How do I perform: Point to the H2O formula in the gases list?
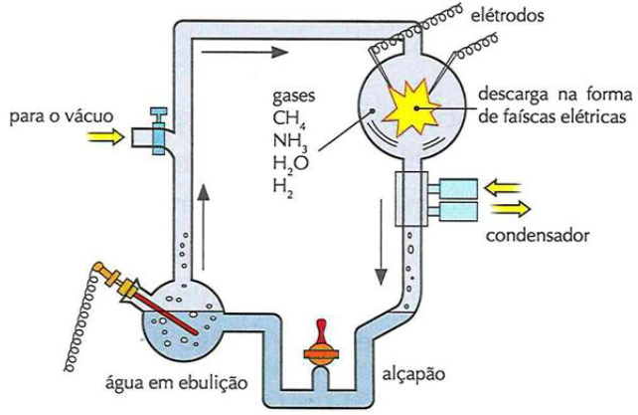(x=288, y=165)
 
